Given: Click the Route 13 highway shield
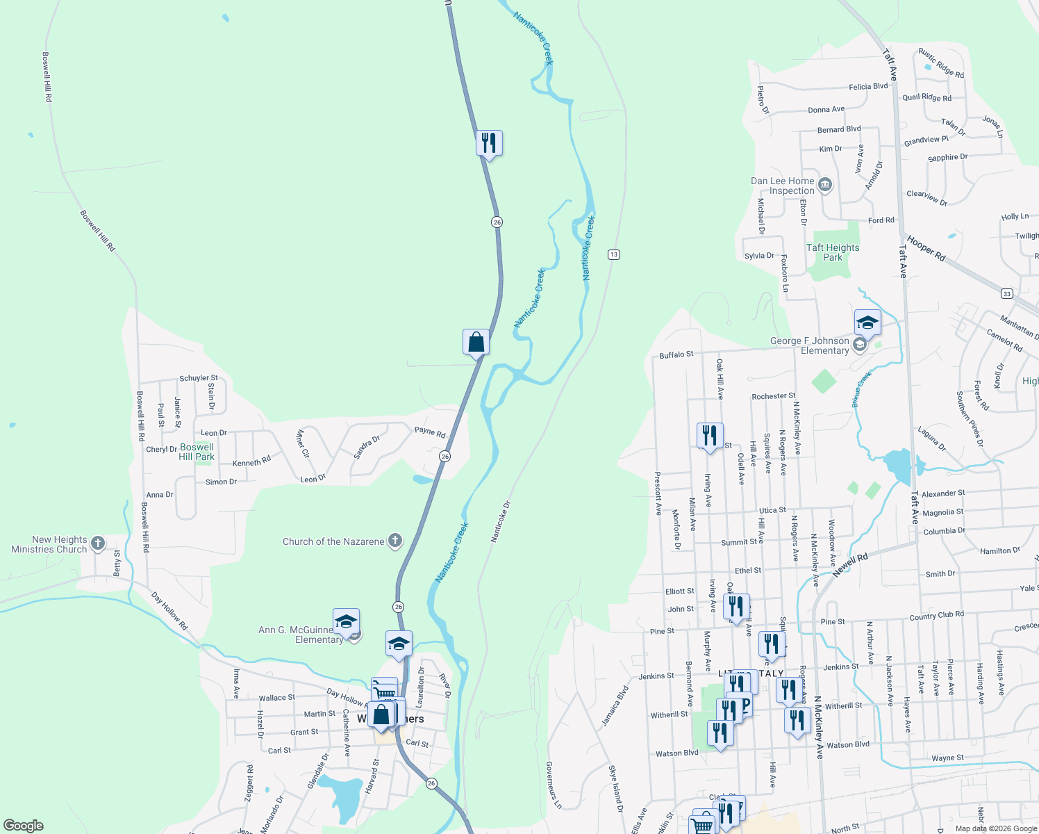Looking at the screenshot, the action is pos(613,254).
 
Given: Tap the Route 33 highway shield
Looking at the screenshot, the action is pos(1007,294).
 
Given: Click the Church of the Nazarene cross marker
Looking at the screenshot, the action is pos(394,541).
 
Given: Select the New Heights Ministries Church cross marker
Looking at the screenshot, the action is pos(98,543).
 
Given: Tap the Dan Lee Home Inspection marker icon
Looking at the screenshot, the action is pos(825,185).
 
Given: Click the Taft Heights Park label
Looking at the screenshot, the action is pos(833,252).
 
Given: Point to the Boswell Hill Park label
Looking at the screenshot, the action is pos(197,452).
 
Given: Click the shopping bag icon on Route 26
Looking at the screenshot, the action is pos(476,342).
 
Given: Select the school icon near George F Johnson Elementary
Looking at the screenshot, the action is pos(867,322).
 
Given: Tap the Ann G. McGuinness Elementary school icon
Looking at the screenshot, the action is pos(346,621).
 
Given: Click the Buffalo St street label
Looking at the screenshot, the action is pos(676,355).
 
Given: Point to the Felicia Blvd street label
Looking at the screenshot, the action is pos(868,87).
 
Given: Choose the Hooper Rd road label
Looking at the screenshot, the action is pos(926,247).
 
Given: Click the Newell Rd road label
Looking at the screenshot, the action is pos(851,564).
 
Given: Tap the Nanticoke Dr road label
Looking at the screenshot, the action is pos(501,521).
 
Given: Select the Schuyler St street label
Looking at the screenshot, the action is pos(199,378).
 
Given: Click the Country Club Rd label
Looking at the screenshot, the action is pos(936,615).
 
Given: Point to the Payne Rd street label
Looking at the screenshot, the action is pos(430,432).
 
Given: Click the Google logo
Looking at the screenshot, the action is pos(24,826).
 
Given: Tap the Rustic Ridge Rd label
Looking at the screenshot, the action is pos(941,63).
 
